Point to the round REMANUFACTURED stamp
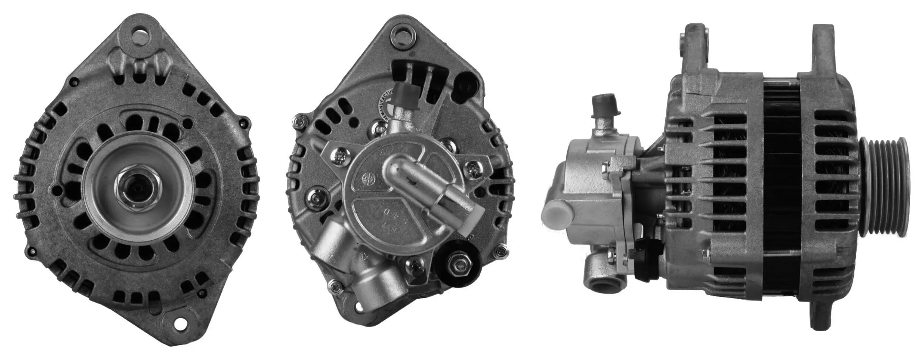tap(384, 107)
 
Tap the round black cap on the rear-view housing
tap(465, 86)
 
